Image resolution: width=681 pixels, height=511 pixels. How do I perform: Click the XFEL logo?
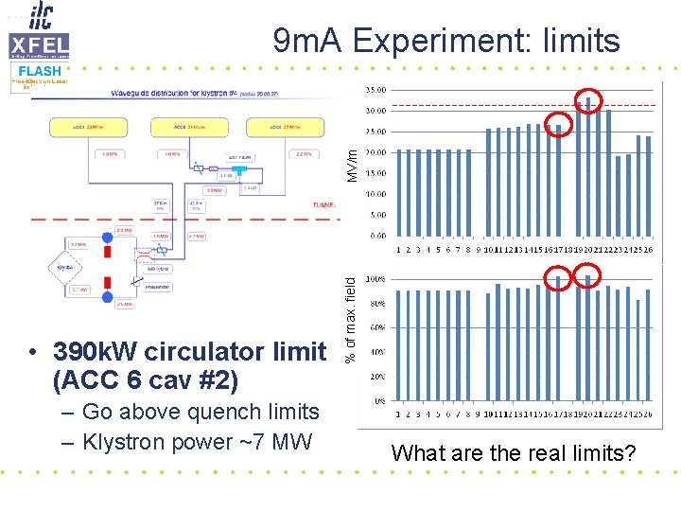[x=38, y=44]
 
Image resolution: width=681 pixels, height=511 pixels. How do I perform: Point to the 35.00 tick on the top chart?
[x=375, y=90]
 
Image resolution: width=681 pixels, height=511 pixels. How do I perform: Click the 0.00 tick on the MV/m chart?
[x=377, y=236]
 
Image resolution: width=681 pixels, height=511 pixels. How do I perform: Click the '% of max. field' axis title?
[x=350, y=317]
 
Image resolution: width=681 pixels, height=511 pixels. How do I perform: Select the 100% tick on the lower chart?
[x=375, y=279]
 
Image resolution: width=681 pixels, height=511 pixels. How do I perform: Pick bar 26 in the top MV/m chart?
[x=648, y=185]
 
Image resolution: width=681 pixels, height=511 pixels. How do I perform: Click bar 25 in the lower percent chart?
[x=638, y=349]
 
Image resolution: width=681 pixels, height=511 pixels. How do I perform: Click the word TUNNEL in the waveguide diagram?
[x=323, y=205]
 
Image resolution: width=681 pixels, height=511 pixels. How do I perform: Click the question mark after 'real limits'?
[x=630, y=453]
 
